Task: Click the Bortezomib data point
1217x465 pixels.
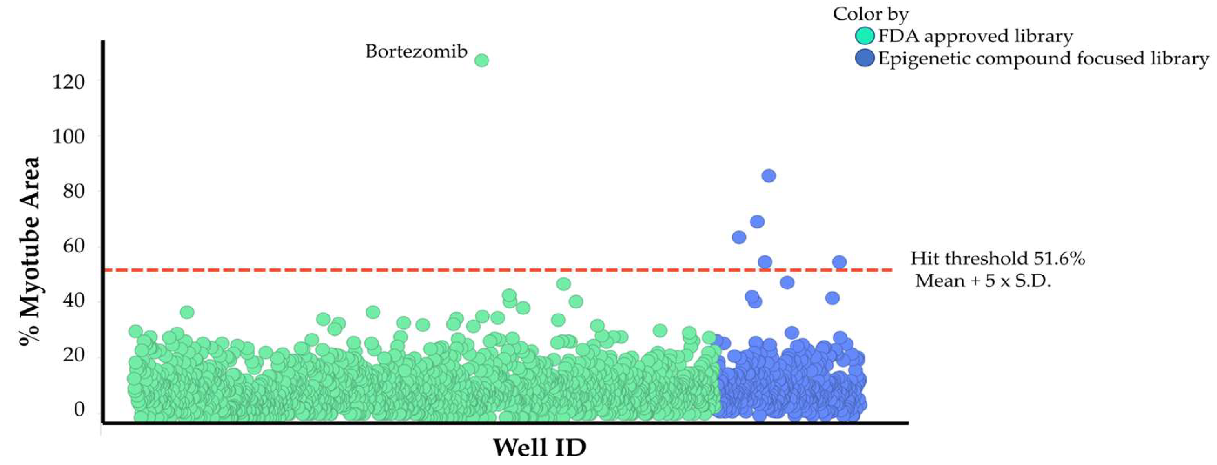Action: point(481,60)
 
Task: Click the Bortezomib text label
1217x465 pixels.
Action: point(416,51)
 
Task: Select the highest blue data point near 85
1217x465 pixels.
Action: point(769,176)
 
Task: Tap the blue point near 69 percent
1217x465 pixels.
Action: point(757,221)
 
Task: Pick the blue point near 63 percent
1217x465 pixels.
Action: point(739,237)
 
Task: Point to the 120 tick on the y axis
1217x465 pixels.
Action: point(69,82)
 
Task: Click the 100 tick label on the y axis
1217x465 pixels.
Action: point(69,137)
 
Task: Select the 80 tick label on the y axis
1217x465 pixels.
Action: point(73,191)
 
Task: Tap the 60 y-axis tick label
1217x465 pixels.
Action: point(73,246)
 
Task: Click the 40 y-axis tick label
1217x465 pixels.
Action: point(73,301)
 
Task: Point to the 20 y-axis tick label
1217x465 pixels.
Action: point(73,355)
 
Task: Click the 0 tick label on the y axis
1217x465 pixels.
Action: point(80,409)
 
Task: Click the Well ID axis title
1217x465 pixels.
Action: point(539,447)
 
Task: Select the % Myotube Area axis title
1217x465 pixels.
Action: point(29,251)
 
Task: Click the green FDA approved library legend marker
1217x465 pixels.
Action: point(865,36)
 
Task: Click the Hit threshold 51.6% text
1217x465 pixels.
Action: point(998,259)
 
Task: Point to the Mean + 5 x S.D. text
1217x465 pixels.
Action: point(983,281)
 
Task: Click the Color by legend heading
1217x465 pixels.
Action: point(871,14)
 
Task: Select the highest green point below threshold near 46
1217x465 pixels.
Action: point(563,284)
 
